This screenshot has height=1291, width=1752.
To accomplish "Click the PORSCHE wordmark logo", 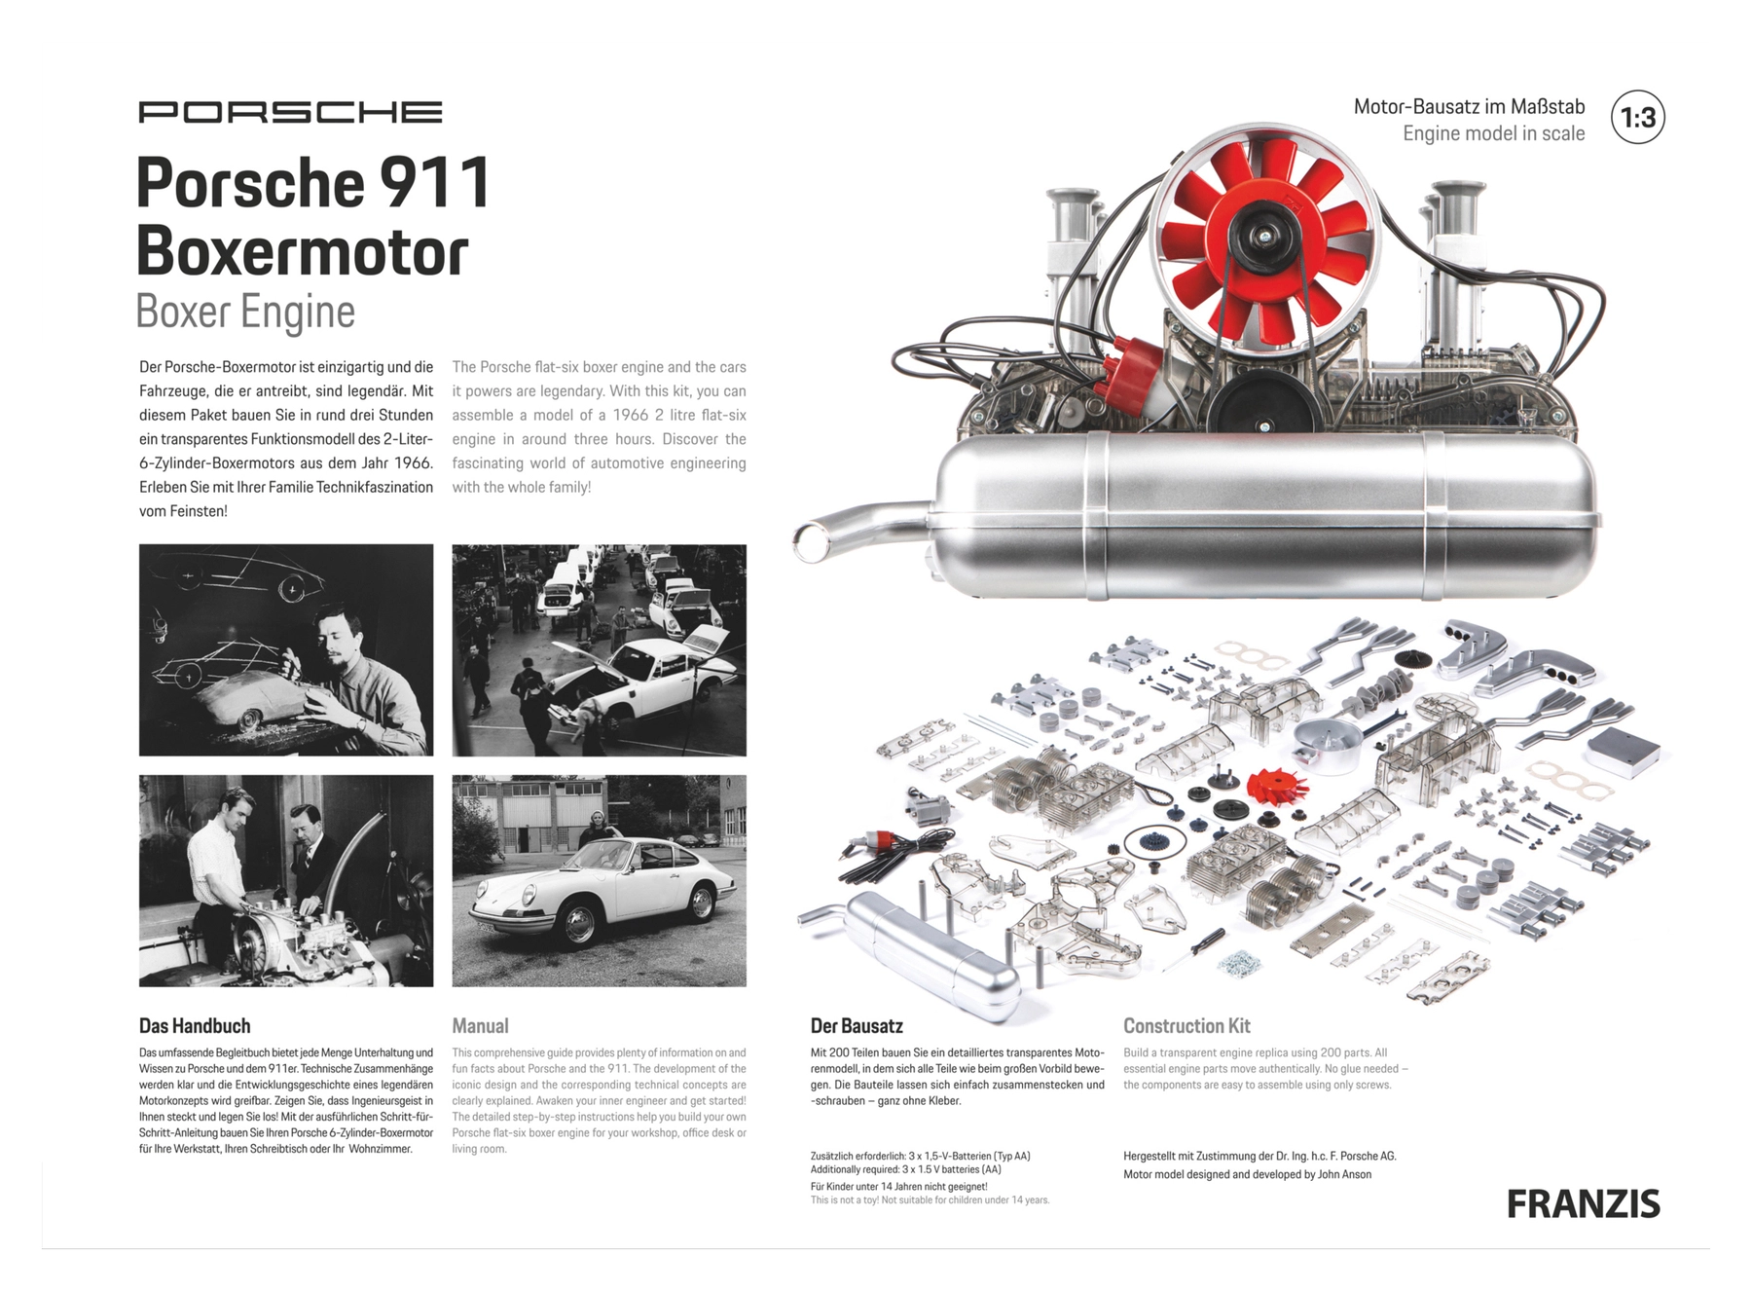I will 290,112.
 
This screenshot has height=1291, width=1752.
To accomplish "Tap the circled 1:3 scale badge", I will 1637,118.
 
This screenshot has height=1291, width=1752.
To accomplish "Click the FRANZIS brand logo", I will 1583,1204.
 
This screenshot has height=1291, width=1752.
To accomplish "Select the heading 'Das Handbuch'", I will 195,1025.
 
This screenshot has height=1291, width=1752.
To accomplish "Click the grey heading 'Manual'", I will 480,1025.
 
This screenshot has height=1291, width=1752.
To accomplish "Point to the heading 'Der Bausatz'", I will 857,1025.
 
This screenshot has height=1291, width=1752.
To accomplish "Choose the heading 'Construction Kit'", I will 1186,1025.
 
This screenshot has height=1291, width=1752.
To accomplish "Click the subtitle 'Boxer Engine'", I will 245,312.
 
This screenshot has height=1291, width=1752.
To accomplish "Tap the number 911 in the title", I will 435,184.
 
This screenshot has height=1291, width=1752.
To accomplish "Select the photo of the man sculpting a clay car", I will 286,649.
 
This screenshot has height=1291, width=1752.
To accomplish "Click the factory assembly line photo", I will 599,649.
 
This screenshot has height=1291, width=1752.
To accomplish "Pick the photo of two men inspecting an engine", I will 286,880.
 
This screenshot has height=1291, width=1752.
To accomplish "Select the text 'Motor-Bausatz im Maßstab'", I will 1469,106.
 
